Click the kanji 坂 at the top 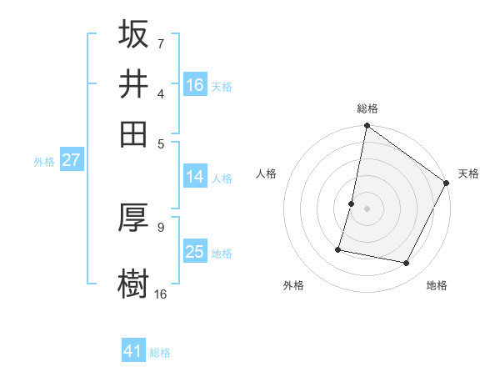[x=134, y=34]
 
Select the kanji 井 [x=134, y=83]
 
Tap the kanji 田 [x=134, y=133]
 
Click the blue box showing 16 [x=195, y=84]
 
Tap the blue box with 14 [x=195, y=177]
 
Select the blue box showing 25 [x=195, y=252]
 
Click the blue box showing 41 [x=133, y=351]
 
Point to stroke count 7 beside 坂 [x=160, y=43]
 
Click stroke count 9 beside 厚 [x=160, y=226]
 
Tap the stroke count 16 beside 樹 [x=160, y=293]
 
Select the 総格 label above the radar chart [x=367, y=108]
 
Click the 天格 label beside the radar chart [x=468, y=173]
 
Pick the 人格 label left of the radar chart [x=267, y=173]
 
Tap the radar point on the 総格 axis [x=367, y=127]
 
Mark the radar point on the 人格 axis [x=352, y=204]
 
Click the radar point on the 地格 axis [x=407, y=264]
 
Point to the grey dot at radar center [x=367, y=209]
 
